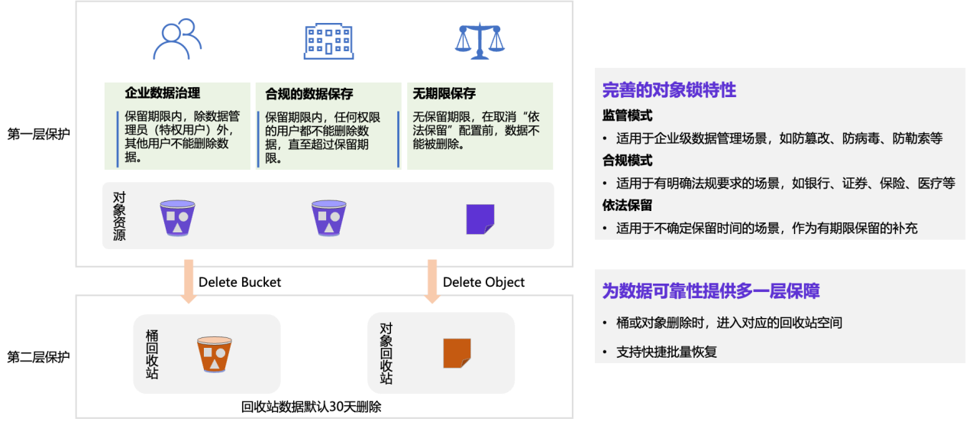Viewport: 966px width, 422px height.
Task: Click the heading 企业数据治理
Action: tap(162, 93)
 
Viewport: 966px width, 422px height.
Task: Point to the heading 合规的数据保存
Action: tap(309, 94)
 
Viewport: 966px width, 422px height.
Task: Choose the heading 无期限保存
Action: tap(444, 94)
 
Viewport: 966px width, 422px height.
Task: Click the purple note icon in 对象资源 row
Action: tap(480, 219)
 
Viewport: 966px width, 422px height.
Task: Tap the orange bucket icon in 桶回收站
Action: tap(215, 354)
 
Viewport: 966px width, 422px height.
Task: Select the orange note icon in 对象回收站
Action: tap(457, 353)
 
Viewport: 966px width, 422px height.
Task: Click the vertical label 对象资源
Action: tap(119, 216)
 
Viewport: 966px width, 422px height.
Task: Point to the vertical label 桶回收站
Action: tap(152, 354)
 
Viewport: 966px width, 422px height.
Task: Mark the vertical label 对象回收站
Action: tap(386, 352)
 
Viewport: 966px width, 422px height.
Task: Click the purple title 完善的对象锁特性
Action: tap(669, 90)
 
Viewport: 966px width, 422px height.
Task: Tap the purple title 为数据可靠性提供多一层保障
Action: tap(711, 291)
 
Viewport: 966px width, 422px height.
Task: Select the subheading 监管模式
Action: tap(627, 115)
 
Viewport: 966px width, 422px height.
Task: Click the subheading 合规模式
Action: tap(627, 161)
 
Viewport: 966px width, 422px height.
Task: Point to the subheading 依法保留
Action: tap(627, 206)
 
